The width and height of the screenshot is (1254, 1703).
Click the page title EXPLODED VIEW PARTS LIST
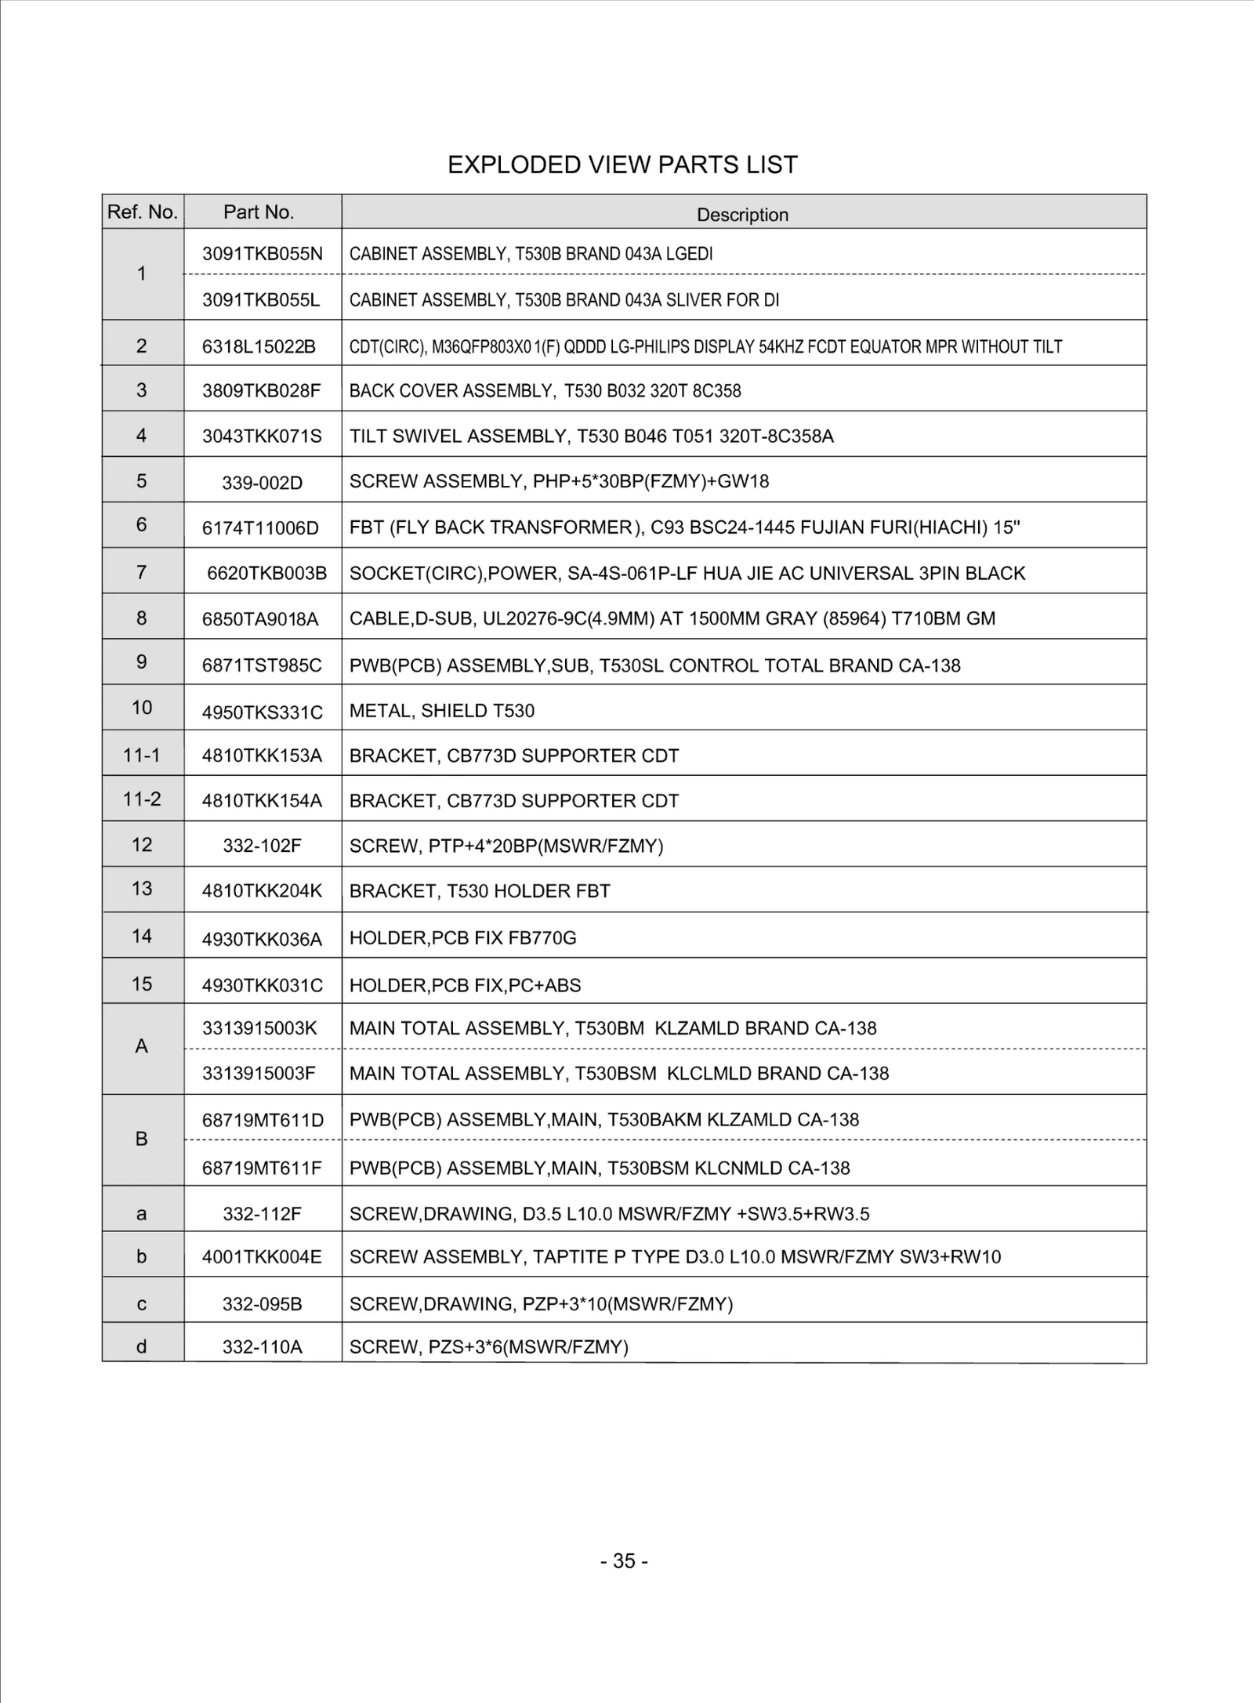click(x=622, y=165)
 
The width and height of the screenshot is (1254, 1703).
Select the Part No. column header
click(x=258, y=212)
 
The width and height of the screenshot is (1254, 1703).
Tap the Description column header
click(x=742, y=215)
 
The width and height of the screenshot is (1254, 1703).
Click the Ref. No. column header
click(x=143, y=212)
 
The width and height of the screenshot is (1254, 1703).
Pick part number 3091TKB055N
click(x=262, y=253)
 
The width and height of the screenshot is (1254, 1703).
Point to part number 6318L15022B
click(x=259, y=346)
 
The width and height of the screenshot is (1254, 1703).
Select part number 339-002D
click(x=262, y=483)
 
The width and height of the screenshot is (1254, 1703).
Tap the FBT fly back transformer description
click(x=684, y=527)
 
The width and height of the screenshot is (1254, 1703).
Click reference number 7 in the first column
click(x=141, y=572)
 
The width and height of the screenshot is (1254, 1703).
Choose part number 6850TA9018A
click(x=260, y=619)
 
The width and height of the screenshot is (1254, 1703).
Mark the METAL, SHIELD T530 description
click(x=441, y=711)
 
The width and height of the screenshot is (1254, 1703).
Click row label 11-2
click(x=142, y=799)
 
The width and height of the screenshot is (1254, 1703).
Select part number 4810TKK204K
click(x=262, y=891)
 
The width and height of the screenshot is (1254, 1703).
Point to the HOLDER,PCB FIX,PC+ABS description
click(x=465, y=985)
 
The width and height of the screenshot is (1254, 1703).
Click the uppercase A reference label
click(x=141, y=1046)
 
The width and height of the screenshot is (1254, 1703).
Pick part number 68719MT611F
click(x=262, y=1168)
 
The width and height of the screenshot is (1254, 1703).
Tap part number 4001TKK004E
click(x=262, y=1257)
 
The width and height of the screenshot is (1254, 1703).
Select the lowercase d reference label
click(x=141, y=1346)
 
